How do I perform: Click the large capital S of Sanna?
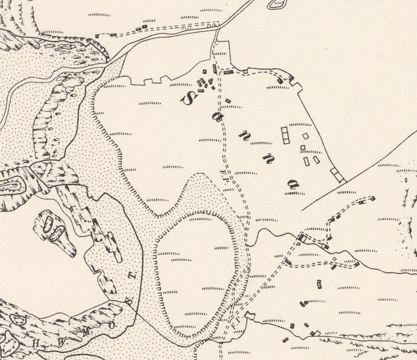[188, 97]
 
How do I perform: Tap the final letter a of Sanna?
[292, 185]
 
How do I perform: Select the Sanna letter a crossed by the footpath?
[218, 119]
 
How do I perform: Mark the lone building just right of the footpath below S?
[228, 100]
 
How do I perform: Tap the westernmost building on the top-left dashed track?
[98, 36]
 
